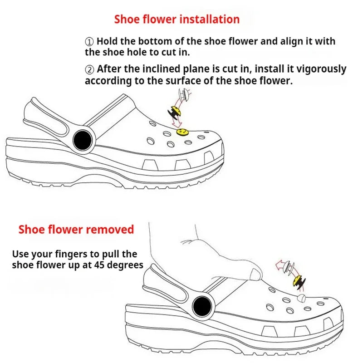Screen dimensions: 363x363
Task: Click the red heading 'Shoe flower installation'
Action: pos(177,20)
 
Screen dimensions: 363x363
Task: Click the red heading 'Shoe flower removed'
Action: pos(76,229)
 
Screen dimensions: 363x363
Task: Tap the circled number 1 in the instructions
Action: pos(89,41)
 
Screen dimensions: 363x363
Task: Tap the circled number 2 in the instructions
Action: pos(89,69)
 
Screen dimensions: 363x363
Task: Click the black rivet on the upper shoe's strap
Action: pos(82,137)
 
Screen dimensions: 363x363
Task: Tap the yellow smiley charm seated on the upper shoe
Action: pos(181,132)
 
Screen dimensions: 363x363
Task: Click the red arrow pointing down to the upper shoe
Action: pos(178,120)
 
